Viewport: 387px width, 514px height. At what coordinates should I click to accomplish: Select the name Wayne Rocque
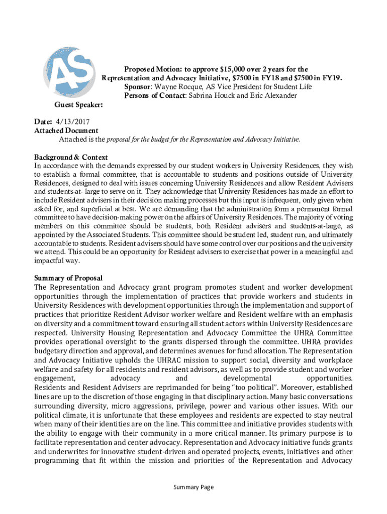177,87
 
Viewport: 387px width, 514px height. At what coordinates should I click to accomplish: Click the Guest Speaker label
78,105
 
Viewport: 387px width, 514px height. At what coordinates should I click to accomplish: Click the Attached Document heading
66,131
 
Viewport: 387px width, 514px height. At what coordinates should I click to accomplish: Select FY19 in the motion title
332,78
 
